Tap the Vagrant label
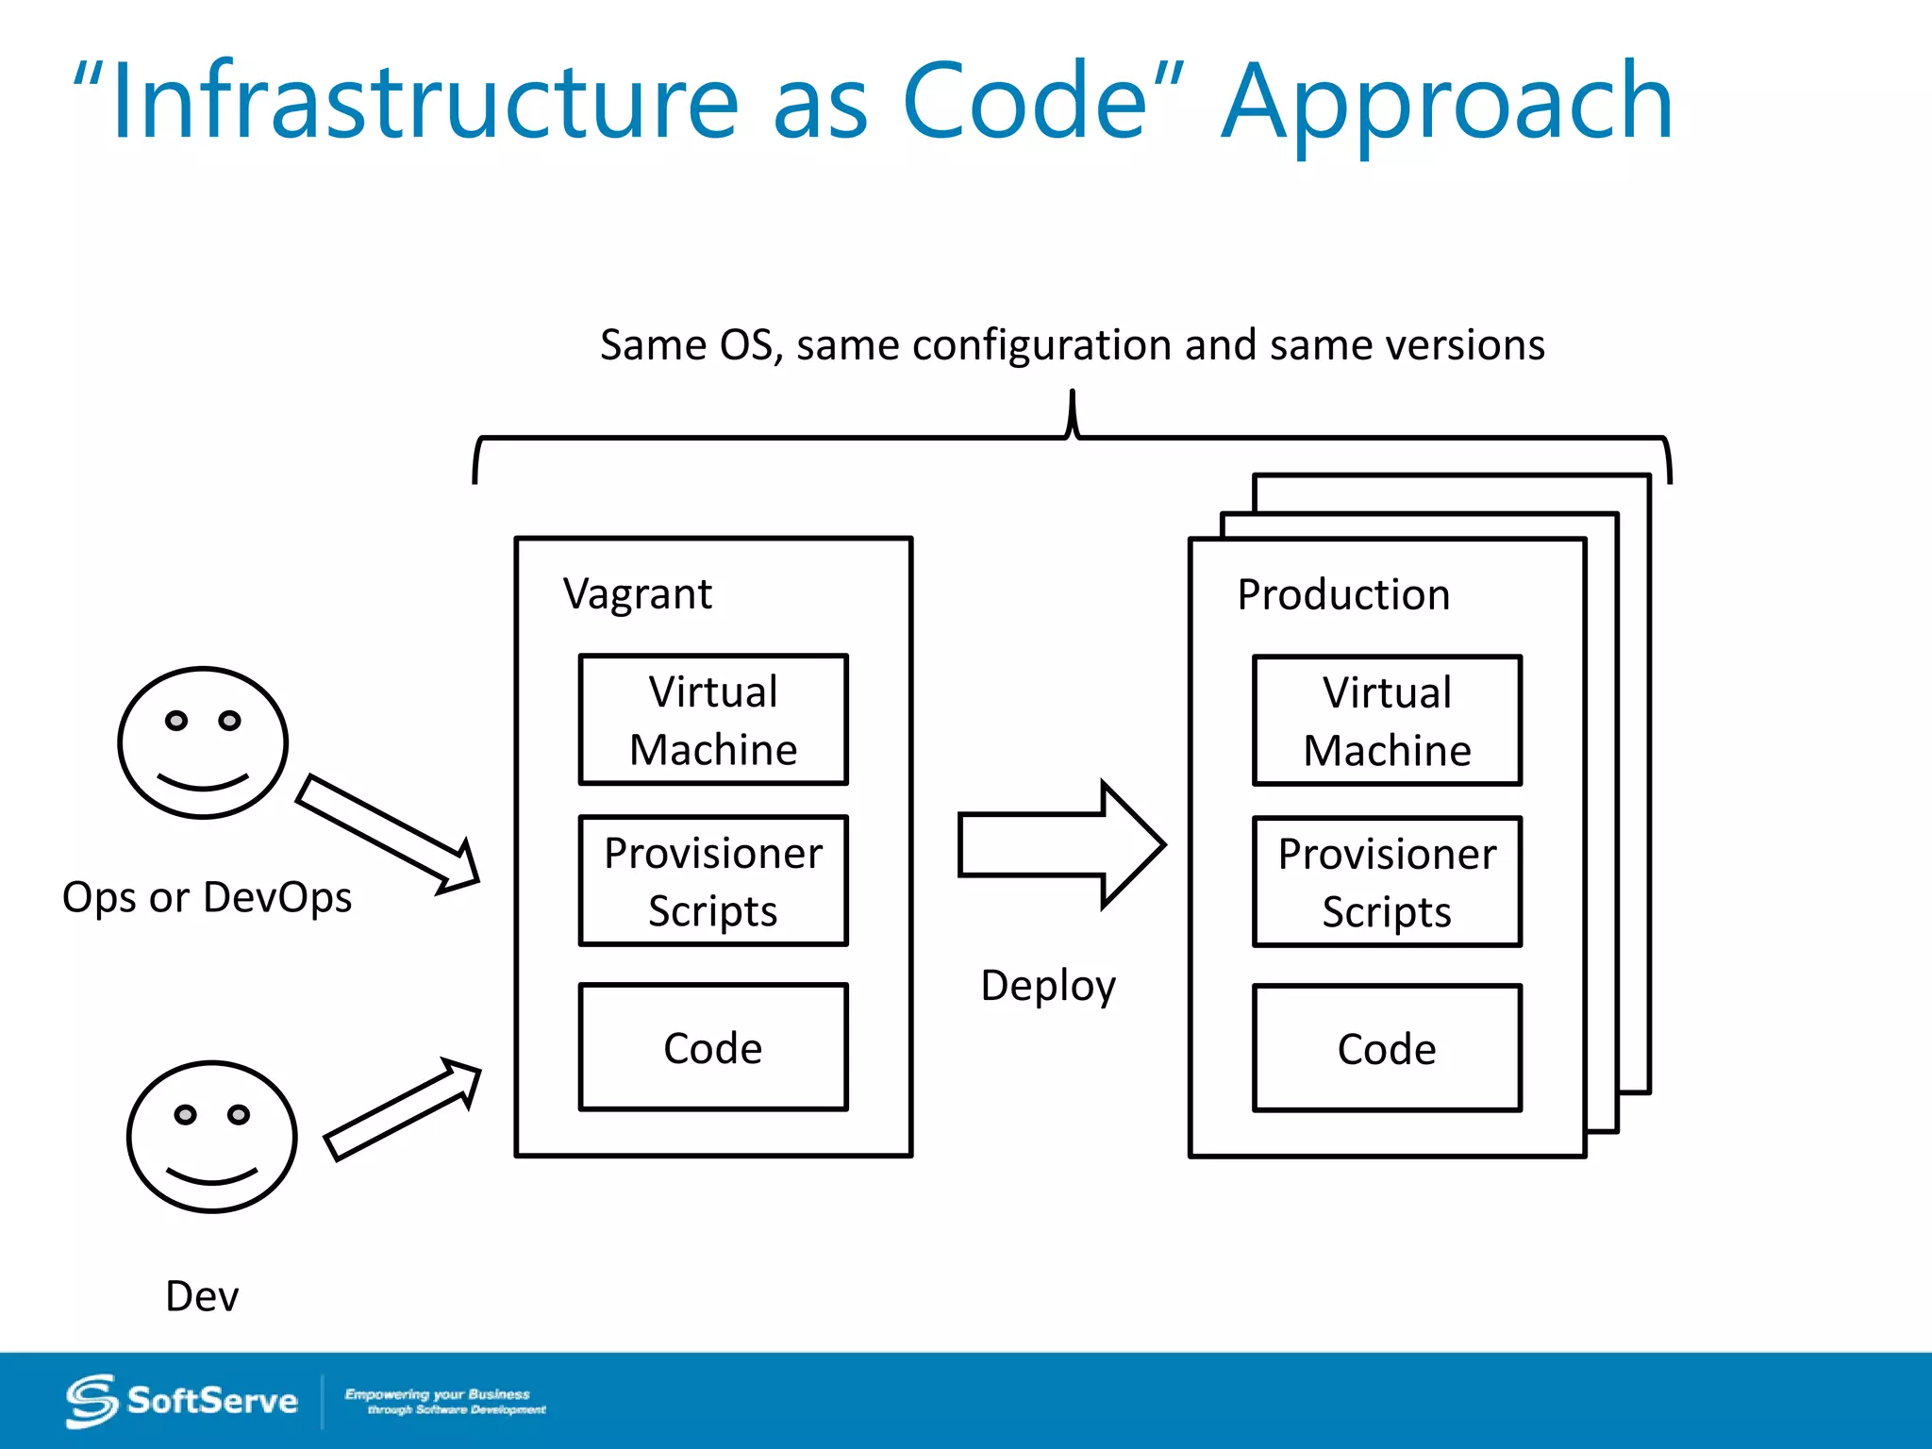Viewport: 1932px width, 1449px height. click(638, 594)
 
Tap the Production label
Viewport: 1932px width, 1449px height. click(1343, 595)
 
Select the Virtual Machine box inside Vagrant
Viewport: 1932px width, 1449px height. click(713, 720)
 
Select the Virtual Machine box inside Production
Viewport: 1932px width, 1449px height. click(1387, 721)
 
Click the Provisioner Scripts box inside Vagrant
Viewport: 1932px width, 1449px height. click(713, 881)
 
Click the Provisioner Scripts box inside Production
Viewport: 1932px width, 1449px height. click(1387, 882)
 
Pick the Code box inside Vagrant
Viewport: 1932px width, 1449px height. click(713, 1048)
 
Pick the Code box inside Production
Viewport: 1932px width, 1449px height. click(1387, 1049)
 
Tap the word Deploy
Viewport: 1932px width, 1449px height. click(1048, 986)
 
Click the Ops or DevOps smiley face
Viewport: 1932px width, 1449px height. click(203, 742)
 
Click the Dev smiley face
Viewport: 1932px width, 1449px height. click(212, 1136)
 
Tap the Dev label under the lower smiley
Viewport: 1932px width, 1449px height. click(202, 1296)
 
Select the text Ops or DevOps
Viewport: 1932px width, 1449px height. click(207, 897)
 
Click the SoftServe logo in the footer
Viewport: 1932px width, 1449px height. click(182, 1401)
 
